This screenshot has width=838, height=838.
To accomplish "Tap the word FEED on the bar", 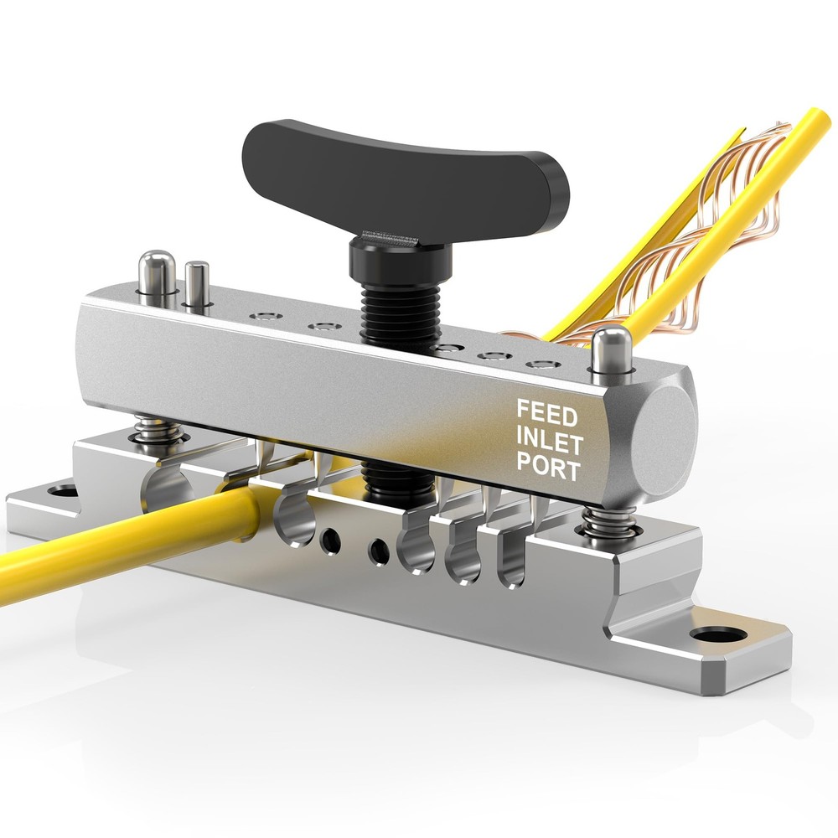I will pyautogui.click(x=546, y=411).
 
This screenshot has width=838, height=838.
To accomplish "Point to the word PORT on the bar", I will pyautogui.click(x=548, y=468).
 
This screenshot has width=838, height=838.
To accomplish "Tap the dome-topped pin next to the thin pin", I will pyautogui.click(x=156, y=271).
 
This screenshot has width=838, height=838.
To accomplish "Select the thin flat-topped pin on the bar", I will pyautogui.click(x=197, y=283).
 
